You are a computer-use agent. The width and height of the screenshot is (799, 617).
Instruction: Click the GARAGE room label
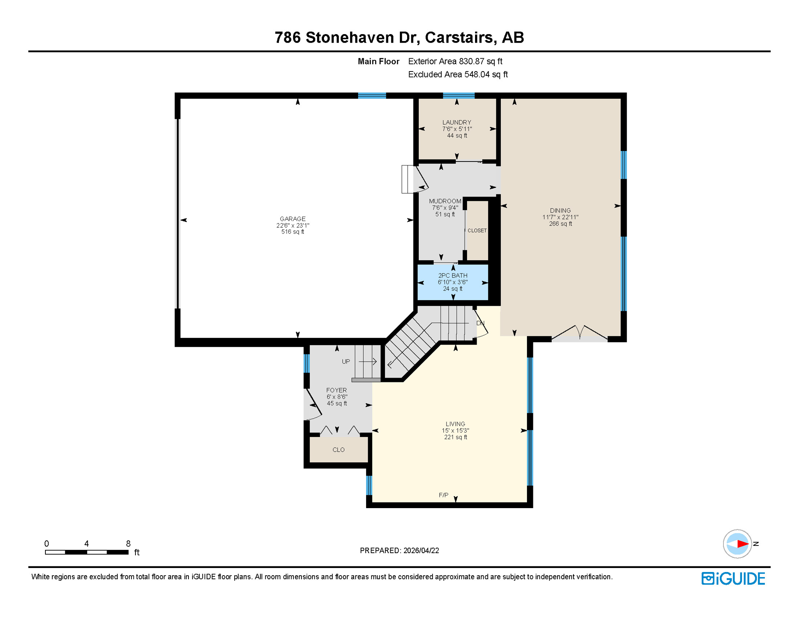pos(293,219)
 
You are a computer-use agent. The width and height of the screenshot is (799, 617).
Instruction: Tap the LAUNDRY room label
pos(457,122)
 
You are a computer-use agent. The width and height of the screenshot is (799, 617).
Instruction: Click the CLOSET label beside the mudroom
pos(477,231)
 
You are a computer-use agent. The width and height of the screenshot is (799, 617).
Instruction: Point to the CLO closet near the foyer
pos(338,449)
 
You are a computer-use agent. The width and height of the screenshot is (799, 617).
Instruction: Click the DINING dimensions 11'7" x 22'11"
pos(560,217)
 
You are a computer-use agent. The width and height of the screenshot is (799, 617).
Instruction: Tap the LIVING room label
pos(455,424)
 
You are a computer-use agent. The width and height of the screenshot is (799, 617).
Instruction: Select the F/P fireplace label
pos(443,495)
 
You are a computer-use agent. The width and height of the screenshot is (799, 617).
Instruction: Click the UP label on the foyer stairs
pos(346,362)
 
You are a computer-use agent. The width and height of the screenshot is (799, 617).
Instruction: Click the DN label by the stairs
pos(480,323)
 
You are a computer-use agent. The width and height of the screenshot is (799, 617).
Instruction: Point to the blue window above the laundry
pos(459,96)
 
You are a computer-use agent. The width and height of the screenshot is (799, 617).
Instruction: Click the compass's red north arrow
pos(743,544)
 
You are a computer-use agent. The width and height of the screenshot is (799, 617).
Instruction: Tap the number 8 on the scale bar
pos(128,543)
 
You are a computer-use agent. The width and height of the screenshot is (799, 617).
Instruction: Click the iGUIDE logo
pos(733,578)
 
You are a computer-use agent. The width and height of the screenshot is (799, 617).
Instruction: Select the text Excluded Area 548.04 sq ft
pos(458,74)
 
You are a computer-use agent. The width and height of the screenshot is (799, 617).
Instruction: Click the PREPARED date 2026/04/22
pos(421,550)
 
